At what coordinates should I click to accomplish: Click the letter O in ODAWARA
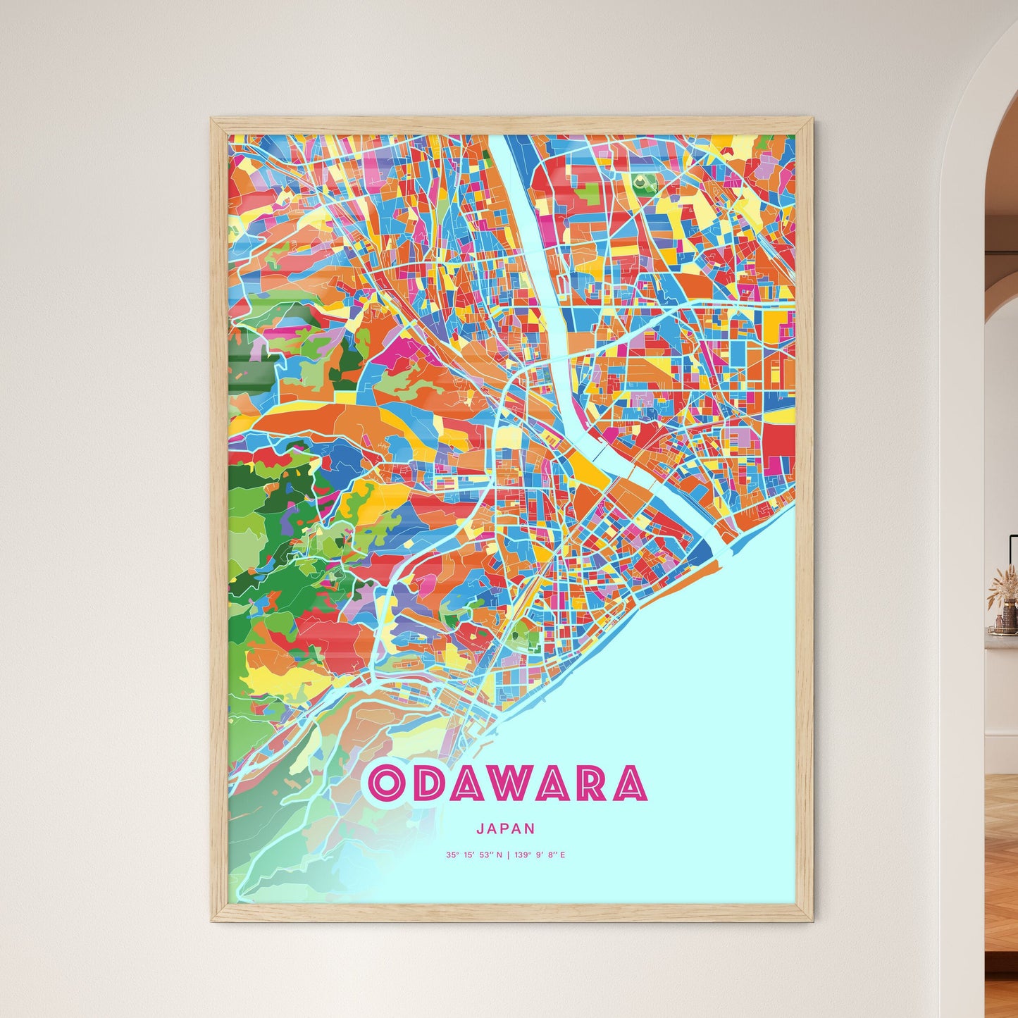pyautogui.click(x=387, y=783)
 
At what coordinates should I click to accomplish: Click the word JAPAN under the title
pyautogui.click(x=505, y=829)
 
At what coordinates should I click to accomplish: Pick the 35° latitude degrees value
pyautogui.click(x=451, y=855)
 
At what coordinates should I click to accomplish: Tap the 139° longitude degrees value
pyautogui.click(x=522, y=855)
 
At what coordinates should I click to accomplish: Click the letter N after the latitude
pyautogui.click(x=499, y=855)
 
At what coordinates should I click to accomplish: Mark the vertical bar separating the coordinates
pyautogui.click(x=508, y=855)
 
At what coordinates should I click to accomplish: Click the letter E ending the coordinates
pyautogui.click(x=563, y=855)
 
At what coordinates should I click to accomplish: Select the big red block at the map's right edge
pyautogui.click(x=778, y=442)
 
